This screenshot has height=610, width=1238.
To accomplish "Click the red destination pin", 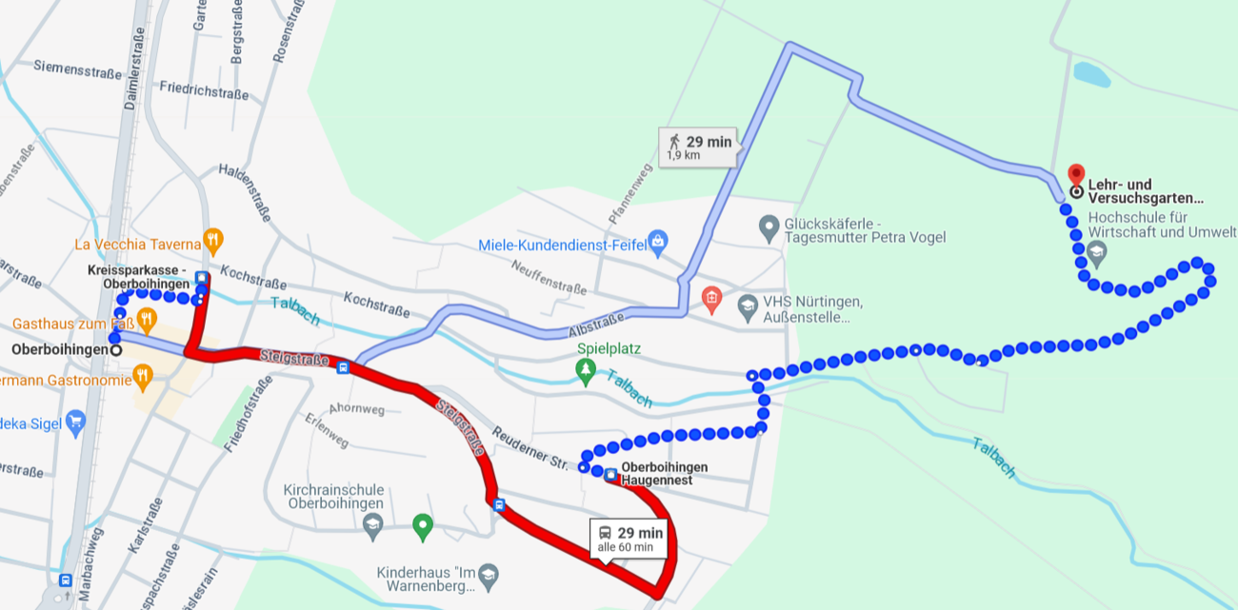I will [1076, 175].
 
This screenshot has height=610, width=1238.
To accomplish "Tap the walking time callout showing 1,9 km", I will [699, 147].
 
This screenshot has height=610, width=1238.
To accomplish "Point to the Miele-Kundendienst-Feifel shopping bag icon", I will [656, 243].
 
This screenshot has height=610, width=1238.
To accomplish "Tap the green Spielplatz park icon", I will [587, 369].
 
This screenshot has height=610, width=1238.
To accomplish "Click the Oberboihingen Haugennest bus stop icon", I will [610, 474].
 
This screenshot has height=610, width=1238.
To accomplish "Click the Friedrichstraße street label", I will [203, 91].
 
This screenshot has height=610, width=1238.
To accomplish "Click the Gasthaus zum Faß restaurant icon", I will [147, 317].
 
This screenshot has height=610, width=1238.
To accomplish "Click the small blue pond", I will [1091, 74].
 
